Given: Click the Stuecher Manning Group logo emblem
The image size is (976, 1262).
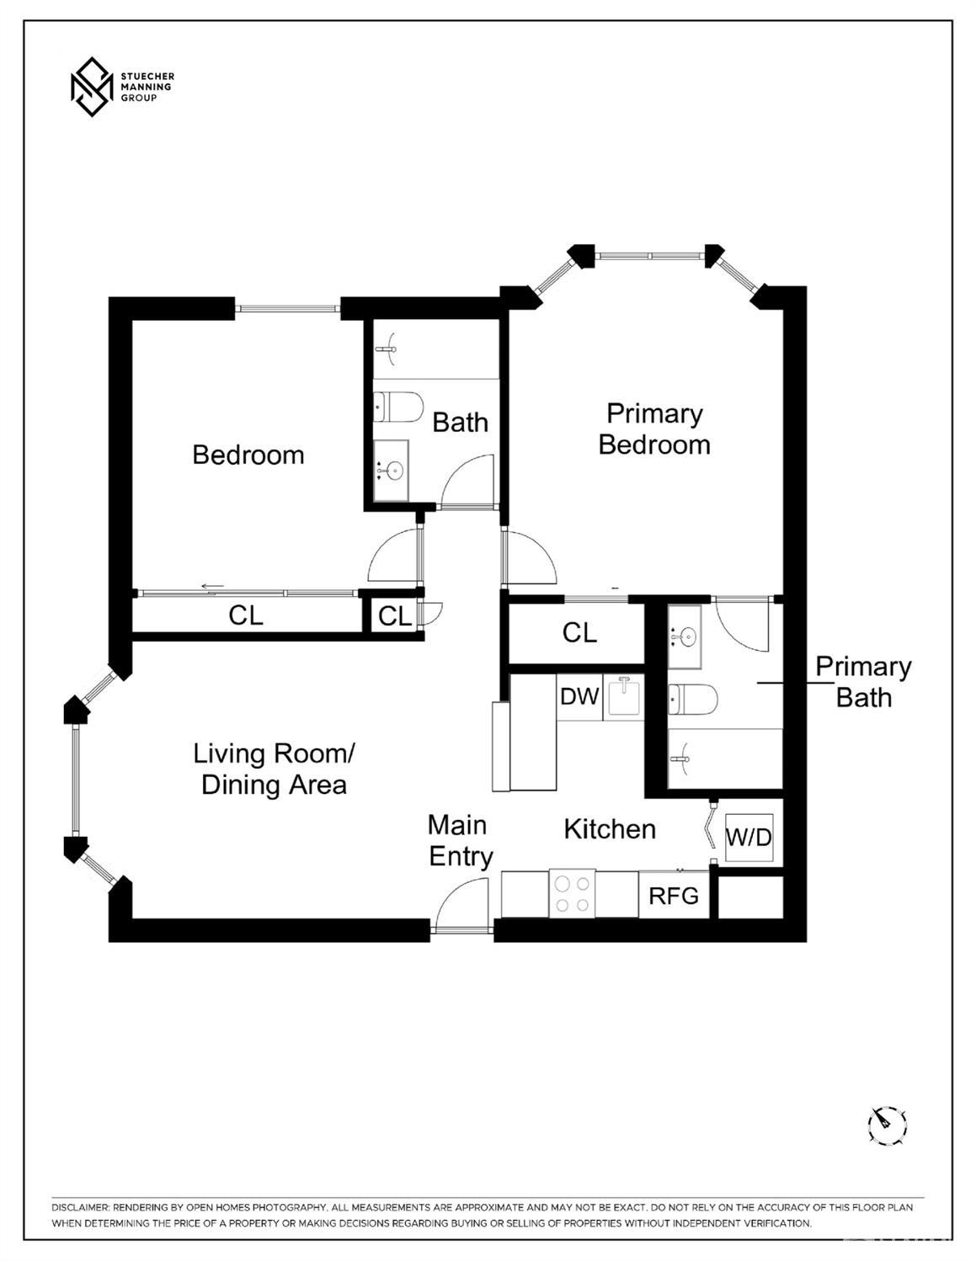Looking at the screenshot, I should point(91,87).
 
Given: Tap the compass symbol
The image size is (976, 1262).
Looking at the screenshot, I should point(887,1124).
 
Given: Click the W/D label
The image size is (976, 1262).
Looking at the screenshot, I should point(749,838).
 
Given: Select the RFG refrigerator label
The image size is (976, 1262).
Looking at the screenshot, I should point(674,896).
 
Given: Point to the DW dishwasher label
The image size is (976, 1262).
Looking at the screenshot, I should point(579,696).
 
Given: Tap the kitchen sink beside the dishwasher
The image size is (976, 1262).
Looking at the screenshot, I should point(624,697).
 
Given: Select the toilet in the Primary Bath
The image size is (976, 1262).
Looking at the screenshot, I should point(692,698).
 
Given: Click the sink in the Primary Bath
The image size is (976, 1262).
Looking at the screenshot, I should point(685,636).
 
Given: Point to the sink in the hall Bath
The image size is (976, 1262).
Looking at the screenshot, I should point(391,469).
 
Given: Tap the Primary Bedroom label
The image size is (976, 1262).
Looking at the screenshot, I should point(654,429).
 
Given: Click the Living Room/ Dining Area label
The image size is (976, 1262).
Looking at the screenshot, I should point(274,769).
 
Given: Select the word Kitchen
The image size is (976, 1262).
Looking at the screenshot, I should point(610,829).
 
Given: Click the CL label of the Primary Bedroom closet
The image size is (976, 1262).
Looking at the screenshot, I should point(579,632).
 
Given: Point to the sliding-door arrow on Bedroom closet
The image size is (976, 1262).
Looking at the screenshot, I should point(212,588).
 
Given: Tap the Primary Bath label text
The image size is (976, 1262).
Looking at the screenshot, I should point(863,682).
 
